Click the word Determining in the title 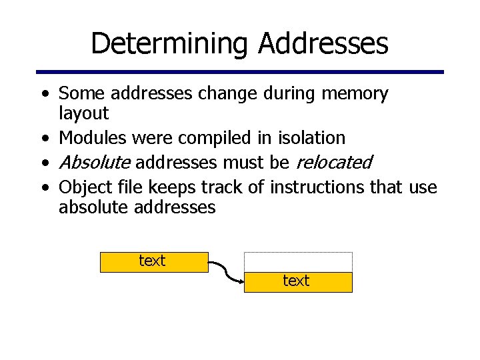coord(170,44)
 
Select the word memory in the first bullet coord(355,94)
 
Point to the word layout coord(83,113)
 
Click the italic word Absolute coord(95,162)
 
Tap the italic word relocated coord(333,162)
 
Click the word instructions coord(319,187)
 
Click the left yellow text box coord(154,261)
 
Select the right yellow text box coord(297,282)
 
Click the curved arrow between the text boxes coord(227,273)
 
